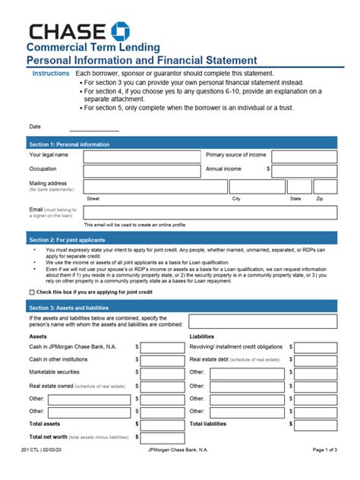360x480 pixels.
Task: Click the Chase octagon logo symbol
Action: click(119, 32)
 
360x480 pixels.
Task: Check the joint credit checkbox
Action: click(32, 292)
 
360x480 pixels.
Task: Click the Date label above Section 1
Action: click(35, 127)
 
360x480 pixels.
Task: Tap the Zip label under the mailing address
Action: click(320, 197)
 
